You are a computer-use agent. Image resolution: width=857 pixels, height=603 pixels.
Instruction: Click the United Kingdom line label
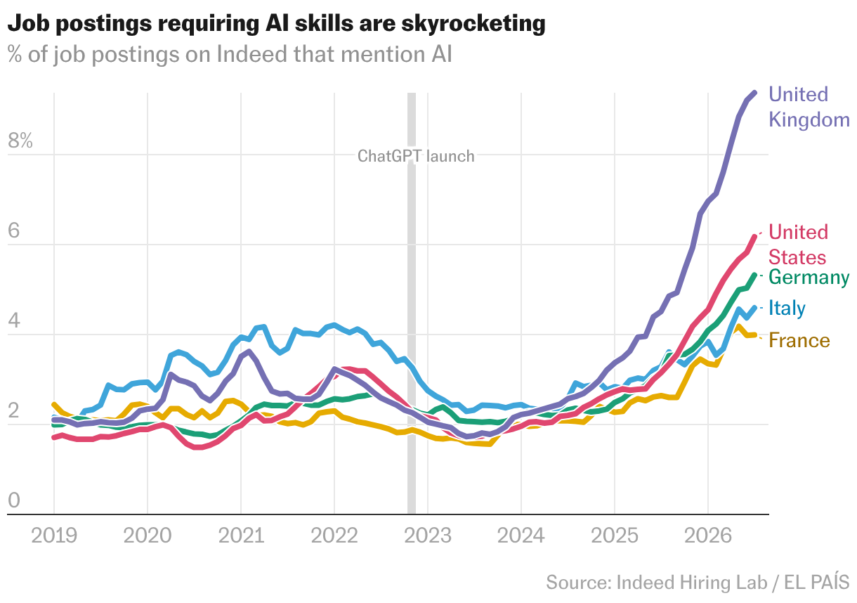pyautogui.click(x=809, y=107)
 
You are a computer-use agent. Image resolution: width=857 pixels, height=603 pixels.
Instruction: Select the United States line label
pyautogui.click(x=798, y=245)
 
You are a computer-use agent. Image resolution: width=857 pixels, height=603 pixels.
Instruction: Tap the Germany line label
pyautogui.click(x=809, y=277)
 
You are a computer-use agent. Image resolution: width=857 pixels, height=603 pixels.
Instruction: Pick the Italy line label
pyautogui.click(x=787, y=309)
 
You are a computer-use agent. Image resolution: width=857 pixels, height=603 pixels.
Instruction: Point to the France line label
pyautogui.click(x=799, y=340)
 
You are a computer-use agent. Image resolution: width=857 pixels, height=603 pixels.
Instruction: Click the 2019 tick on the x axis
pyautogui.click(x=54, y=536)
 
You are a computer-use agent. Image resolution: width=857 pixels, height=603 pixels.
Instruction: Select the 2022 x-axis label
pyautogui.click(x=334, y=536)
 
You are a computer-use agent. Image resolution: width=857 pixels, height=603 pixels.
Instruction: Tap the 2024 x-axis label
pyautogui.click(x=521, y=536)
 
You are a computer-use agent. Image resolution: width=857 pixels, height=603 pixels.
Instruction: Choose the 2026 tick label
pyautogui.click(x=708, y=536)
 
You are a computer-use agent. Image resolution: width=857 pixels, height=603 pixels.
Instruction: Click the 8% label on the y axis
pyautogui.click(x=20, y=141)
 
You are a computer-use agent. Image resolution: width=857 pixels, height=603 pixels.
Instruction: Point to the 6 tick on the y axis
pyautogui.click(x=14, y=231)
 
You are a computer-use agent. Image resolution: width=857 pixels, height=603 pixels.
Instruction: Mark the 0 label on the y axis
pyautogui.click(x=14, y=500)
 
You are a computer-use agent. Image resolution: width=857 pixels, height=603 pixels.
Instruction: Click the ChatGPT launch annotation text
pyautogui.click(x=416, y=156)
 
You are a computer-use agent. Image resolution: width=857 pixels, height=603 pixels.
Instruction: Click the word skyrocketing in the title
pyautogui.click(x=473, y=24)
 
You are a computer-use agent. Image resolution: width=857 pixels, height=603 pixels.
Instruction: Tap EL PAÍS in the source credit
pyautogui.click(x=817, y=582)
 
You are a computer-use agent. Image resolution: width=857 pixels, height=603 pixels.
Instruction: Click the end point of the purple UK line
pyautogui.click(x=755, y=93)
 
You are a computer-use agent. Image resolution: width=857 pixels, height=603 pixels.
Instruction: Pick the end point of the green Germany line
pyautogui.click(x=755, y=275)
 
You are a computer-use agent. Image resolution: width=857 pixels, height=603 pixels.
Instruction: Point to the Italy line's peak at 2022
pyautogui.click(x=334, y=325)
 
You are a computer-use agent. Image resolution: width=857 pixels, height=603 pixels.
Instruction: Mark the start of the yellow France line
pyautogui.click(x=54, y=404)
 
